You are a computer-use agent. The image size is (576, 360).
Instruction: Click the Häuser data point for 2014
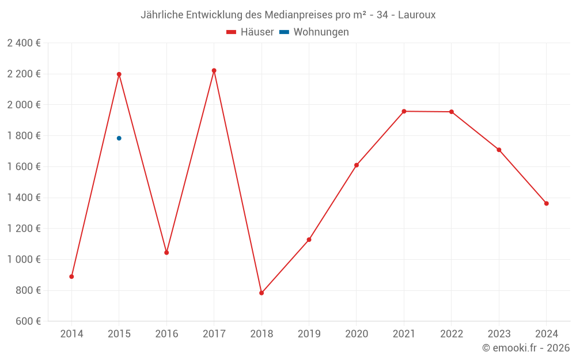[71, 276]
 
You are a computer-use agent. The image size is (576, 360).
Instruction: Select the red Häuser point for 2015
[119, 74]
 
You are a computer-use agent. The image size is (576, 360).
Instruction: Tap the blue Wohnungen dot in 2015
[119, 138]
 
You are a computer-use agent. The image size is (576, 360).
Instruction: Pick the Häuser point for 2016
[166, 252]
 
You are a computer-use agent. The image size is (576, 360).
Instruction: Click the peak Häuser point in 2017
[214, 70]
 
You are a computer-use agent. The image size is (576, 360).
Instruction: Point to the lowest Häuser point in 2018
[262, 293]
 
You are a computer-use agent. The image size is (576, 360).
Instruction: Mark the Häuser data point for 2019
[309, 240]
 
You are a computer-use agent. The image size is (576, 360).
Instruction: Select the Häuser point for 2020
[357, 165]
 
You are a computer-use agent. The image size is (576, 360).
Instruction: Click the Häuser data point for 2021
[404, 111]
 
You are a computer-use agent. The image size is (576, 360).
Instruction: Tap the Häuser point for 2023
[499, 150]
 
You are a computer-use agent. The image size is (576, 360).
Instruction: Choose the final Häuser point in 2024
[546, 203]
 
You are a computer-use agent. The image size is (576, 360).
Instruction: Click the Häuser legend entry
[250, 32]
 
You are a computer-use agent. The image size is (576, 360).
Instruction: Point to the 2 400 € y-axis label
[24, 43]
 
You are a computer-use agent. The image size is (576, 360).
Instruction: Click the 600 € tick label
[28, 321]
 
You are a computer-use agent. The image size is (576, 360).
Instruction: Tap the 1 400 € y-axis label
[24, 198]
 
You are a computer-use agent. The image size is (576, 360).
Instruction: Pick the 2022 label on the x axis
[451, 334]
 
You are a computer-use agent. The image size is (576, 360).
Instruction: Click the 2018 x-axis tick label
[262, 334]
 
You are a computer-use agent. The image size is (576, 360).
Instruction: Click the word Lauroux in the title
[417, 15]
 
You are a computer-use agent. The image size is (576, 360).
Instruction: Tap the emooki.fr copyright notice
[526, 348]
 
